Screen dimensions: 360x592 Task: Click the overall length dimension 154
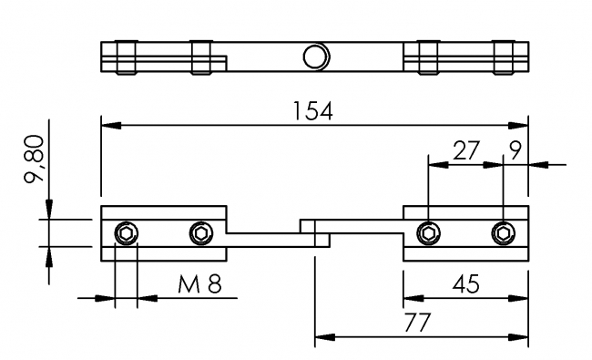(x=313, y=110)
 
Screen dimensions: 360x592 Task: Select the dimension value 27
(x=465, y=151)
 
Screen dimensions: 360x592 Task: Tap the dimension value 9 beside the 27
(x=515, y=151)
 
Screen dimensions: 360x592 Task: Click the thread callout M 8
(x=199, y=283)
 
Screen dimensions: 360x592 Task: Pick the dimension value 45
(x=466, y=283)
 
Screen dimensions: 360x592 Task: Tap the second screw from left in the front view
(x=199, y=235)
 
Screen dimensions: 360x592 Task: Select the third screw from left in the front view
(x=427, y=233)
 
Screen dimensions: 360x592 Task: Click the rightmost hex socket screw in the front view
(x=502, y=233)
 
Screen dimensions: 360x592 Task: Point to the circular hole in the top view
(x=314, y=57)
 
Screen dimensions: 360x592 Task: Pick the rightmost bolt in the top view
(x=502, y=57)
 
